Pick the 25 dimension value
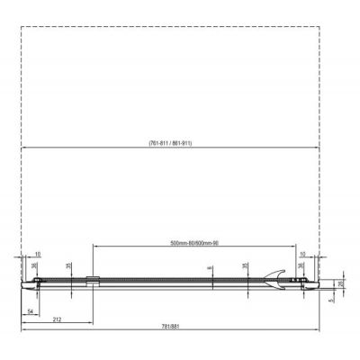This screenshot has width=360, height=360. click(339, 283)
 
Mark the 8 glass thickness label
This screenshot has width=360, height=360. click(208, 267)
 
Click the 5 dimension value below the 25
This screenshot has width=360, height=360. click(333, 301)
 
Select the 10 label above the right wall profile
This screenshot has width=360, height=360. click(301, 255)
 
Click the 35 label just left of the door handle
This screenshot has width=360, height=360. click(245, 266)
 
